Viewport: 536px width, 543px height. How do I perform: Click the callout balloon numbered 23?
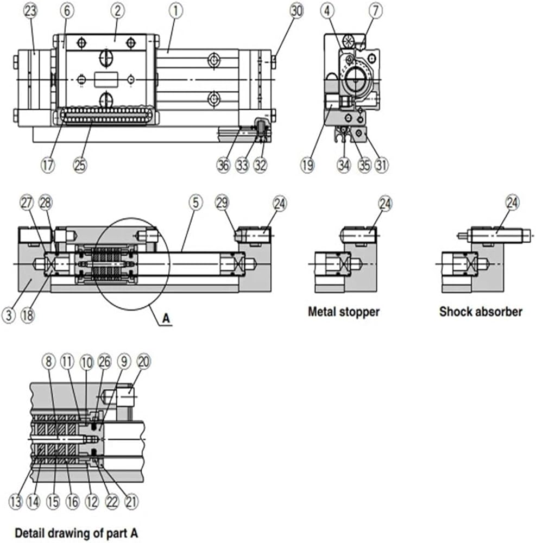(30, 11)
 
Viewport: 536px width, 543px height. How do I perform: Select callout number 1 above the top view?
(175, 11)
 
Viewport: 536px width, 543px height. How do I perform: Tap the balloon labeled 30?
(297, 11)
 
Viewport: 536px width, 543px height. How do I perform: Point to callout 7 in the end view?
(376, 11)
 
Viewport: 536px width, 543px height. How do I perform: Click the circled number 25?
(80, 165)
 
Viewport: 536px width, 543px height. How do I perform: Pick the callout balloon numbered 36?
(223, 165)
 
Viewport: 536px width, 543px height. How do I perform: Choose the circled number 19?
(308, 165)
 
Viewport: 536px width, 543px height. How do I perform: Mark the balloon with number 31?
(381, 165)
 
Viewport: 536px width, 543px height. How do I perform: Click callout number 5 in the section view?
(196, 203)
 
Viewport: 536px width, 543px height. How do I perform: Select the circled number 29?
(222, 203)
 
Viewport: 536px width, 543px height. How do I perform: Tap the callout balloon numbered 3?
(9, 315)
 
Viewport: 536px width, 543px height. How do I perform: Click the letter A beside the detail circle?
(166, 318)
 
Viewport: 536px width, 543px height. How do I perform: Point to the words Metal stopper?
(344, 312)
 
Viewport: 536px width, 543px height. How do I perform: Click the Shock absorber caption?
(481, 312)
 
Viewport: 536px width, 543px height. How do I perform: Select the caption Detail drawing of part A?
(77, 533)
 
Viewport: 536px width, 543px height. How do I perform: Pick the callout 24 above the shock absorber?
(513, 203)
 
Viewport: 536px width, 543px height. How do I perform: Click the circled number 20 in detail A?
(143, 362)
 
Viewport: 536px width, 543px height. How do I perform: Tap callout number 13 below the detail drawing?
(16, 501)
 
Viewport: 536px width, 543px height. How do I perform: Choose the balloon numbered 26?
(105, 362)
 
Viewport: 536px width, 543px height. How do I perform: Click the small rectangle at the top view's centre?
(106, 80)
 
